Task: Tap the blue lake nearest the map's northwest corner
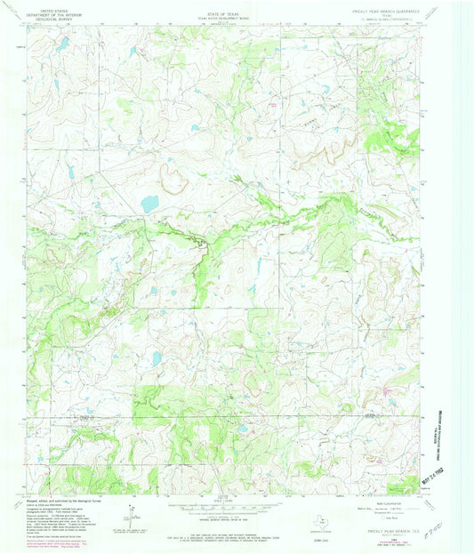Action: tap(64, 41)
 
